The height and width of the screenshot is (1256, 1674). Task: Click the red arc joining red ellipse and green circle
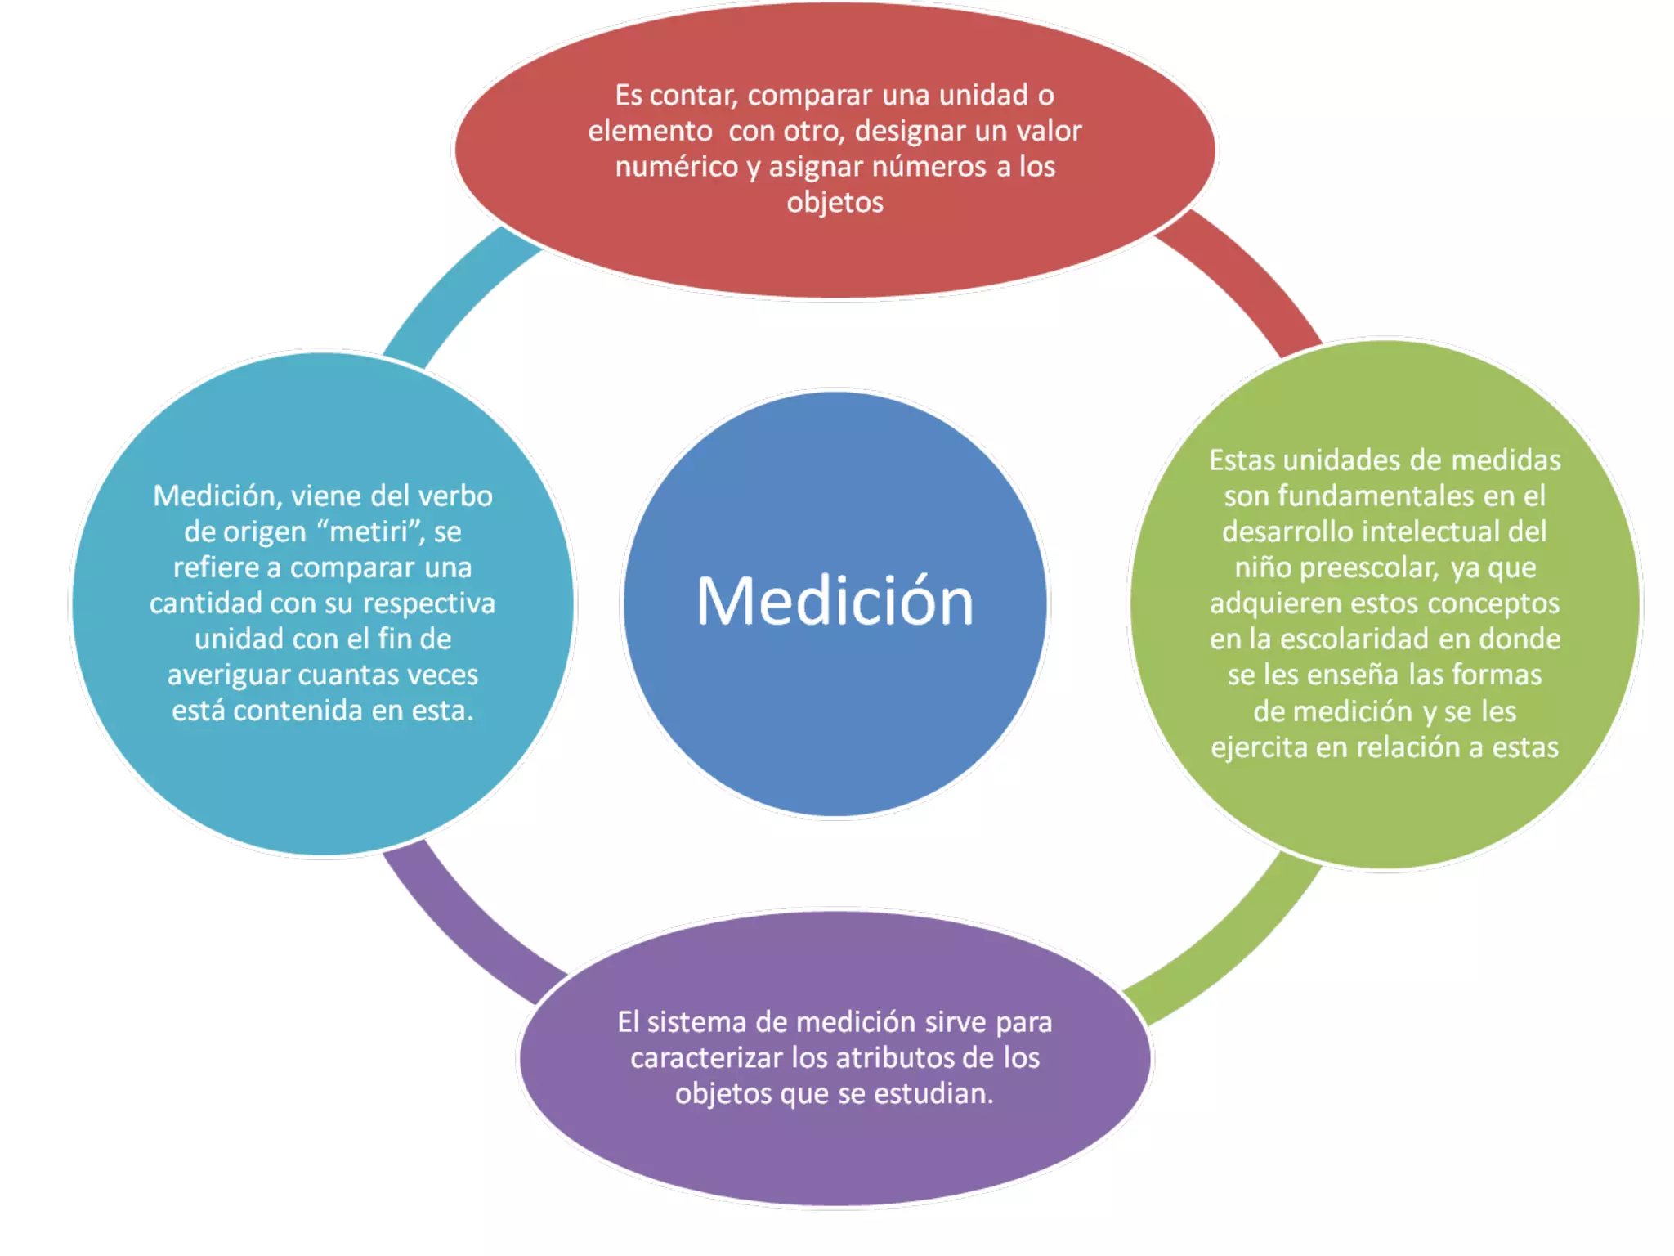(1251, 278)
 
